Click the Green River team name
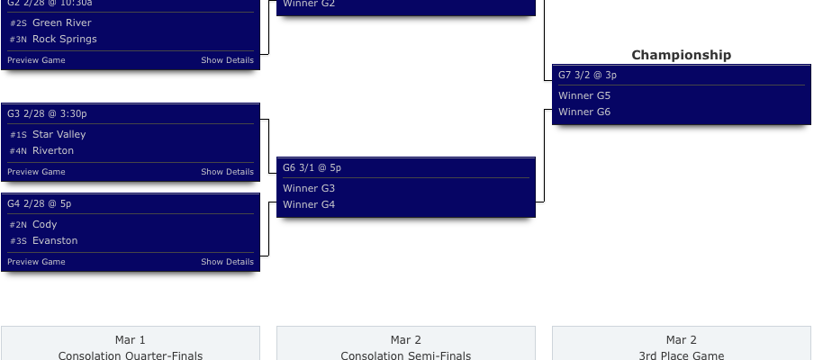61,22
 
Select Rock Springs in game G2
64,39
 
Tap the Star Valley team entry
59,134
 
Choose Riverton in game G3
53,150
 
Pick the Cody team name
44,224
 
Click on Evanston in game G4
55,240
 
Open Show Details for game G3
227,172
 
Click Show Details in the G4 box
227,262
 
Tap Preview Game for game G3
36,172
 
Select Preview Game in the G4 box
36,262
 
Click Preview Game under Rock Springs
36,60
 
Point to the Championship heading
681,55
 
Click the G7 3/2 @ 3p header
587,75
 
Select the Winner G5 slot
584,95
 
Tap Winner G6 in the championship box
584,112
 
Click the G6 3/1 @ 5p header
312,167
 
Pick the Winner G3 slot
309,188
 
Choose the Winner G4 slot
309,204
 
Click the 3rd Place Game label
681,355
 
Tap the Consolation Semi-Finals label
405,355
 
